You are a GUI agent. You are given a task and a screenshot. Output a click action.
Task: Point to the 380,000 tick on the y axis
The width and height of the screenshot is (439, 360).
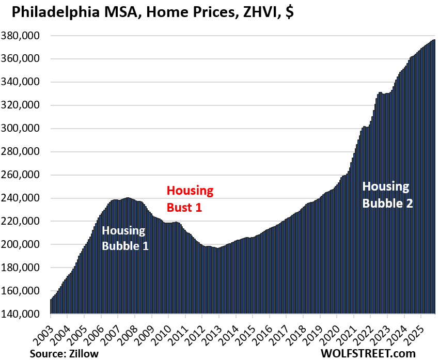[26, 36]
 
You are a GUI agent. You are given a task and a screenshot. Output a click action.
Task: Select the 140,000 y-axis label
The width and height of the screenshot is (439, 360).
[26, 314]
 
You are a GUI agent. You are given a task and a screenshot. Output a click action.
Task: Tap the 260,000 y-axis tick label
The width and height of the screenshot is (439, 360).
[26, 175]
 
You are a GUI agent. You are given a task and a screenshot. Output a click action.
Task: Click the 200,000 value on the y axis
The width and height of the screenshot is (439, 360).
[26, 244]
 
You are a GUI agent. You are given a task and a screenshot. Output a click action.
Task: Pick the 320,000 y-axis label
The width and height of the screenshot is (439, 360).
[26, 105]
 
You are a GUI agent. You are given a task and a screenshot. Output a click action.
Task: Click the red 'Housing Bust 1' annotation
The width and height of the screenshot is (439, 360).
[190, 199]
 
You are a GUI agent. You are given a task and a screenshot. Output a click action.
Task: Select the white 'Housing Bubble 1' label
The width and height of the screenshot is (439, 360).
[125, 239]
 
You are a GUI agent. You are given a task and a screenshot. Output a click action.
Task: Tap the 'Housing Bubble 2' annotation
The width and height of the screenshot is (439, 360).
[387, 195]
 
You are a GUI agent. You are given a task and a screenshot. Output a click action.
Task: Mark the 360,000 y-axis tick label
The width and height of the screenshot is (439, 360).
[26, 59]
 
